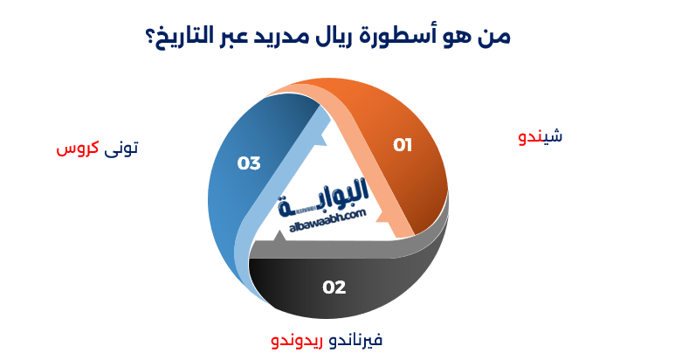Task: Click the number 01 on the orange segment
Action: point(402,145)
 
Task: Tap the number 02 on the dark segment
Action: point(334,287)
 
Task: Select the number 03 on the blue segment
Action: point(249,163)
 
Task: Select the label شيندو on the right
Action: point(541,137)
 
